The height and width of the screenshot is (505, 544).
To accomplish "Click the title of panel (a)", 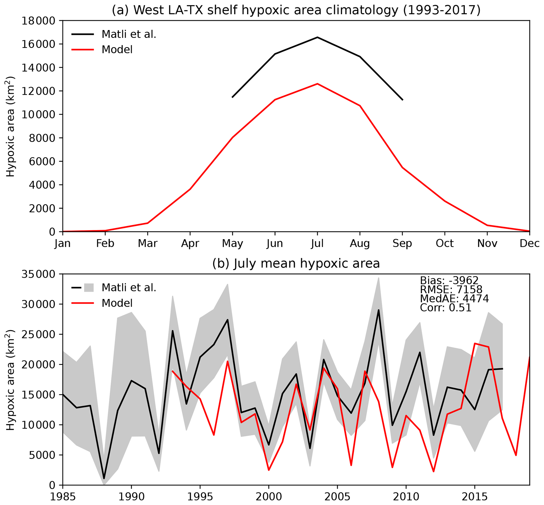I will point(296,10).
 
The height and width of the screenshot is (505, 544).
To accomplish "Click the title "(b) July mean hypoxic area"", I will point(296,264).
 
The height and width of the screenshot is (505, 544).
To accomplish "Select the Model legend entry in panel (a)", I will point(117,50).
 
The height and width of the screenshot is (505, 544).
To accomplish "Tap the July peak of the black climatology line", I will point(317,37).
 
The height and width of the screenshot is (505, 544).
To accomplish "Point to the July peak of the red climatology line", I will point(317,84).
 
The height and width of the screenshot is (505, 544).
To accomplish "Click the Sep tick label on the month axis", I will point(402,243).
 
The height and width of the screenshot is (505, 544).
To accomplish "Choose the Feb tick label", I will point(105,243).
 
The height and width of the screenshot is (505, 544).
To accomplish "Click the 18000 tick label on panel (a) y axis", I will point(38,21).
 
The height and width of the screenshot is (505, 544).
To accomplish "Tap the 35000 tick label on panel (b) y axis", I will point(38,274).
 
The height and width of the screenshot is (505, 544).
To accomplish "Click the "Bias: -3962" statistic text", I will point(449,281).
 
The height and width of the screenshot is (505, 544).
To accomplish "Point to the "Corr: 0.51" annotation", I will point(446,308).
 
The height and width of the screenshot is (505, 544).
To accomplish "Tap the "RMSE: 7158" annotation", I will point(451,290).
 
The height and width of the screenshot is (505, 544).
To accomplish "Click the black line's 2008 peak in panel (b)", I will point(378,310).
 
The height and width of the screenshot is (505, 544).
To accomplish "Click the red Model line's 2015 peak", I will point(475,344).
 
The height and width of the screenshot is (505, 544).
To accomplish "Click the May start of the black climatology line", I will point(232,97).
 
